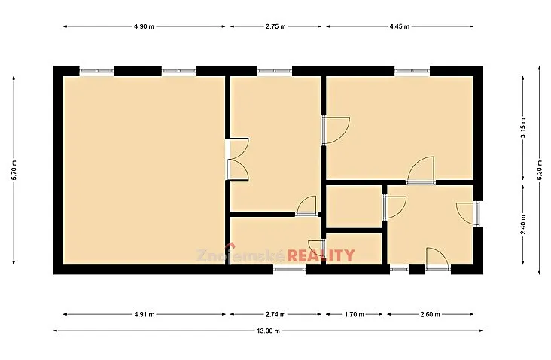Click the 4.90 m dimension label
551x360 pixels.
(x=144, y=26)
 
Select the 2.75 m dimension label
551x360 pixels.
(x=275, y=26)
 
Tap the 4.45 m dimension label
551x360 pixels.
(x=400, y=26)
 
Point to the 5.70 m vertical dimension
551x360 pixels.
(x=14, y=170)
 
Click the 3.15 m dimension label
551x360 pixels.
(x=523, y=127)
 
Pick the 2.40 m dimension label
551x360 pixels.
(x=523, y=224)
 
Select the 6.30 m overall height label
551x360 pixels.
(x=540, y=170)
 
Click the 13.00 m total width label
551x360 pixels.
(x=269, y=331)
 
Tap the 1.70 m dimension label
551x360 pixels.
(x=355, y=314)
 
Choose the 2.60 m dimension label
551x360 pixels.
(x=430, y=314)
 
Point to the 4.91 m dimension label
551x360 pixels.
(x=144, y=314)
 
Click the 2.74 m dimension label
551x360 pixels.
(x=275, y=314)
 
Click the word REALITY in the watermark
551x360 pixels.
(x=321, y=255)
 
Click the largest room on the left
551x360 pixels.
(x=144, y=170)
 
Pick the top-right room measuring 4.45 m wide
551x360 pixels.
(x=400, y=127)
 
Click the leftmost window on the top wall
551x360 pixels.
(x=97, y=71)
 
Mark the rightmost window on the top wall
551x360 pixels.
(x=412, y=71)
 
